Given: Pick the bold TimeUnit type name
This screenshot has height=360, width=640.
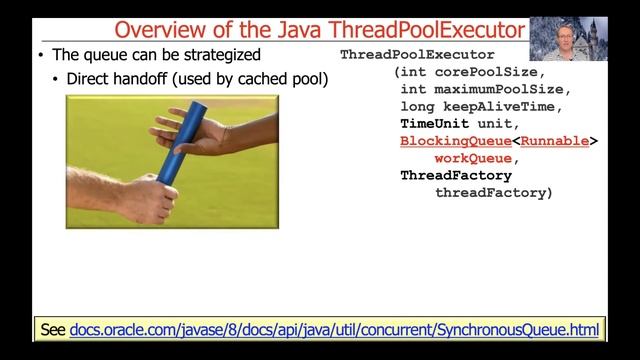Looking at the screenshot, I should pyautogui.click(x=434, y=124).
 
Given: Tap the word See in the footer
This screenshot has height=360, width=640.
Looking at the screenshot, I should pyautogui.click(x=52, y=328).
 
